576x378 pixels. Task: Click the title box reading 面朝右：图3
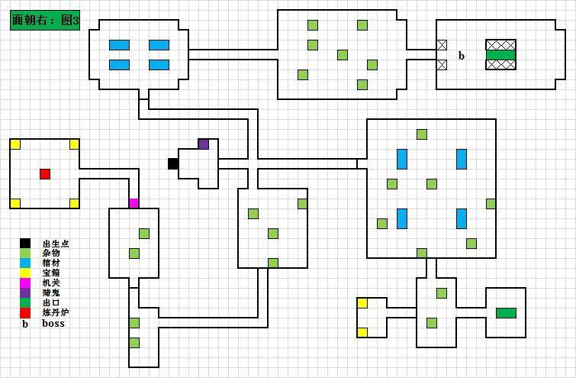click(x=45, y=20)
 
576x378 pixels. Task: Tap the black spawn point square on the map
click(x=173, y=163)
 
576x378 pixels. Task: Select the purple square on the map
click(x=204, y=144)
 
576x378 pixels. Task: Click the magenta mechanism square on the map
click(x=134, y=203)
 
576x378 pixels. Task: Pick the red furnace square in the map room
click(x=45, y=174)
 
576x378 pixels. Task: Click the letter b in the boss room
click(x=462, y=56)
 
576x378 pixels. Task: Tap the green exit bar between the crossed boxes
click(x=501, y=55)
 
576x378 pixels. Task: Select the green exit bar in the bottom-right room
click(x=506, y=313)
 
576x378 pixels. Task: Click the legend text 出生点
click(x=56, y=244)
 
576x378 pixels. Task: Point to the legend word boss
click(x=53, y=323)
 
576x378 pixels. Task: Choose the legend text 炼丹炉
click(x=56, y=312)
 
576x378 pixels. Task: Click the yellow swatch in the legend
click(x=25, y=273)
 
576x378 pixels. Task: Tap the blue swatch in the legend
click(x=25, y=263)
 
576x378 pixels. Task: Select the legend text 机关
click(x=51, y=283)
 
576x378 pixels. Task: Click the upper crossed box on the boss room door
click(x=442, y=45)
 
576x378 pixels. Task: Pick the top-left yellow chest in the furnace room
click(x=15, y=144)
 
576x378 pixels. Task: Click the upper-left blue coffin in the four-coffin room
click(x=119, y=45)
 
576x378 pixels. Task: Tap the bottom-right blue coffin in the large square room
click(x=462, y=218)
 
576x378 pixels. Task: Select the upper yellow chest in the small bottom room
click(x=362, y=303)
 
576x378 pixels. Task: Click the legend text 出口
click(x=51, y=302)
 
